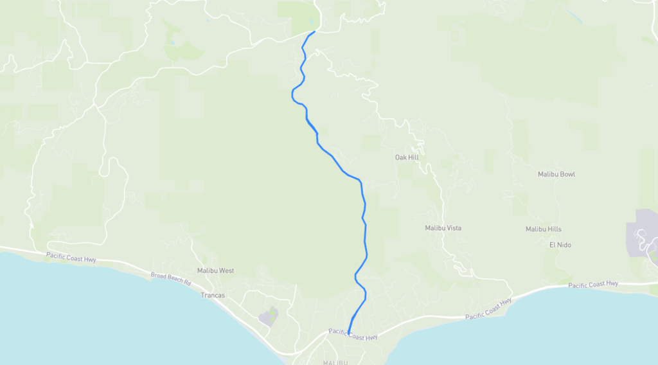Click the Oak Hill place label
pyautogui.click(x=406, y=157)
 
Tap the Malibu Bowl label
pyautogui.click(x=556, y=174)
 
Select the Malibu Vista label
pyautogui.click(x=443, y=228)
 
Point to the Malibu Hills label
pyautogui.click(x=543, y=229)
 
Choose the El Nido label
pyautogui.click(x=560, y=245)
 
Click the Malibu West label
pyautogui.click(x=215, y=271)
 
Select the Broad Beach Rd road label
pyautogui.click(x=171, y=278)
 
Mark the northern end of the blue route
pyautogui.click(x=314, y=31)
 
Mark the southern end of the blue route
pyautogui.click(x=349, y=333)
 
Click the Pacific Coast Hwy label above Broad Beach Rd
pyautogui.click(x=71, y=256)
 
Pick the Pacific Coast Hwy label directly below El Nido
pyautogui.click(x=594, y=284)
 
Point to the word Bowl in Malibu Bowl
pyautogui.click(x=566, y=174)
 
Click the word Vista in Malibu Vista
pyautogui.click(x=452, y=228)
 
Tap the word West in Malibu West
pyautogui.click(x=226, y=271)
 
